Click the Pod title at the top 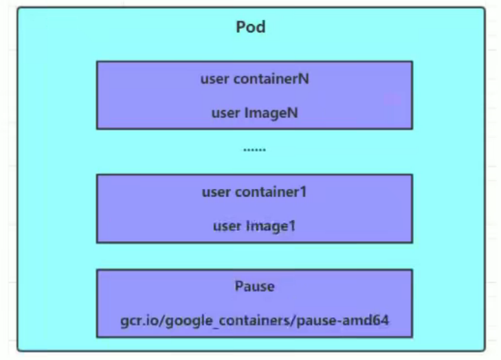pos(250,27)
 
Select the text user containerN pos(254,78)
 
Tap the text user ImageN pos(254,113)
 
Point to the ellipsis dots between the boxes pos(254,149)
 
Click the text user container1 pos(254,192)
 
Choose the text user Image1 pos(254,225)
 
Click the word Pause pos(254,286)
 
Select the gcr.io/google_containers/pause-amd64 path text pos(254,320)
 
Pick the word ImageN pos(271,113)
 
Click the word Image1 pos(270,225)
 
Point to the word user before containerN pos(213,78)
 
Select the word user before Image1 pos(225,225)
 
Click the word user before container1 pos(214,192)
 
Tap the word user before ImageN pos(225,113)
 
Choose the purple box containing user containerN pos(254,95)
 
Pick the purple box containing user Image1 pos(254,208)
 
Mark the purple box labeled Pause pos(254,303)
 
